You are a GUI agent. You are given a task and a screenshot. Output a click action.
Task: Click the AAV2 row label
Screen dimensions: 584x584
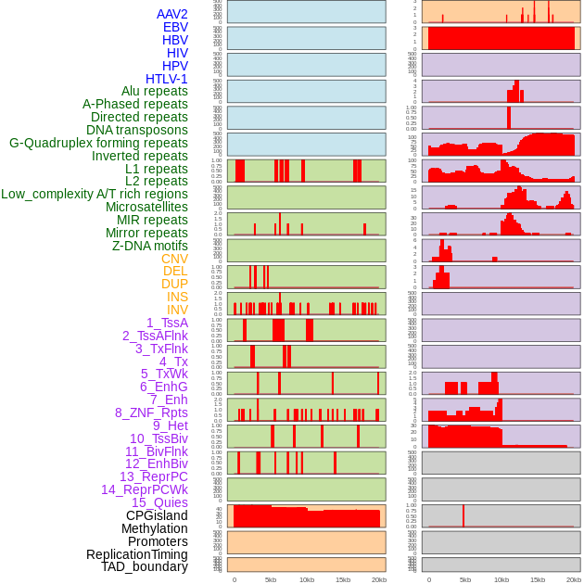click(x=171, y=14)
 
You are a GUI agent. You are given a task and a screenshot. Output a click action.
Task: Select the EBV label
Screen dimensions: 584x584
click(x=175, y=27)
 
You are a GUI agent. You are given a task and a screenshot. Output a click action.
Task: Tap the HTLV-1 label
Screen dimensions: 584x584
click(x=166, y=79)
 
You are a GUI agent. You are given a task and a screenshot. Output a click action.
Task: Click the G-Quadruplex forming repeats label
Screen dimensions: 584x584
click(x=98, y=143)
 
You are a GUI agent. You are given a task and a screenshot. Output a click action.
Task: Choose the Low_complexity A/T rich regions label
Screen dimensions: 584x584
click(x=95, y=194)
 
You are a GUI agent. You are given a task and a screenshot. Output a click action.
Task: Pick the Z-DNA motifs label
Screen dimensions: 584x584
click(x=149, y=246)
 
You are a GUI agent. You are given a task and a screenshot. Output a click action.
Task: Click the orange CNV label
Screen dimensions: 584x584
click(x=174, y=259)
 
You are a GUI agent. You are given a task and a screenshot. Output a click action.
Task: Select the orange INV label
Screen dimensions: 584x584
click(x=177, y=310)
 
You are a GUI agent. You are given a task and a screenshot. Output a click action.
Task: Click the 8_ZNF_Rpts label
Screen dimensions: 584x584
click(x=151, y=413)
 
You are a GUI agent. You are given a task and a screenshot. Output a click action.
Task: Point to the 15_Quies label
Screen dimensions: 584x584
click(x=159, y=502)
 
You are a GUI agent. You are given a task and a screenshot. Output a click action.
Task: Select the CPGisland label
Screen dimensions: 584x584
click(x=157, y=515)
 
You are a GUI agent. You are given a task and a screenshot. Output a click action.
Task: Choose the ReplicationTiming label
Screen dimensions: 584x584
click(x=136, y=554)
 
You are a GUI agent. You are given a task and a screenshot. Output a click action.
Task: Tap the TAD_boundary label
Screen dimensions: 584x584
click(x=144, y=566)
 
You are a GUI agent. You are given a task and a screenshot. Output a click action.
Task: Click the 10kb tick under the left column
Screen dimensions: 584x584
click(x=306, y=579)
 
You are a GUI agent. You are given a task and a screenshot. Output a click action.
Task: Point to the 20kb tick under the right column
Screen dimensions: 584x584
click(x=574, y=579)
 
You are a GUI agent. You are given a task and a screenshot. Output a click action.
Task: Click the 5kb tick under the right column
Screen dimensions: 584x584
click(x=465, y=579)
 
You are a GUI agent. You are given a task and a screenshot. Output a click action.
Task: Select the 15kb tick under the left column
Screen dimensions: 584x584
click(x=342, y=579)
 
